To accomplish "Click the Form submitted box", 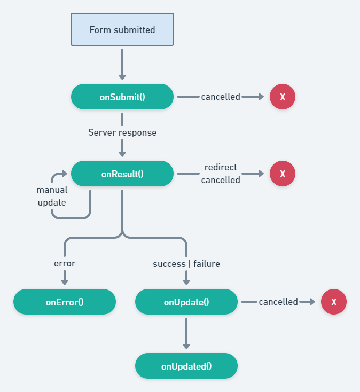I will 122,29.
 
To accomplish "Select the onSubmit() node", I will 122,97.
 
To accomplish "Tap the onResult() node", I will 122,174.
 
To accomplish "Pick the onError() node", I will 65,302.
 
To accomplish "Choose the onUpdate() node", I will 186,302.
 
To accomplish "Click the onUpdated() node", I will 186,366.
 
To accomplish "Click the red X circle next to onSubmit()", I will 283,97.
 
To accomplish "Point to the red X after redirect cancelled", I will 283,174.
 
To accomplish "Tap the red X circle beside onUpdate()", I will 334,302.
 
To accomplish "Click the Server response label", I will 122,132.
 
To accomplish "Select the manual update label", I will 52,196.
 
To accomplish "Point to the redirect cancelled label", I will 221,174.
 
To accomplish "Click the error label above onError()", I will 65,264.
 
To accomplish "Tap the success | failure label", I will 186,264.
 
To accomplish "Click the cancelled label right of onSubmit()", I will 221,97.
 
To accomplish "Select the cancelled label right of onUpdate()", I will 278,302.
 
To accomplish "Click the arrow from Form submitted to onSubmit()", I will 122,64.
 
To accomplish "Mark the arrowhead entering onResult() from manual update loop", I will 65,174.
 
